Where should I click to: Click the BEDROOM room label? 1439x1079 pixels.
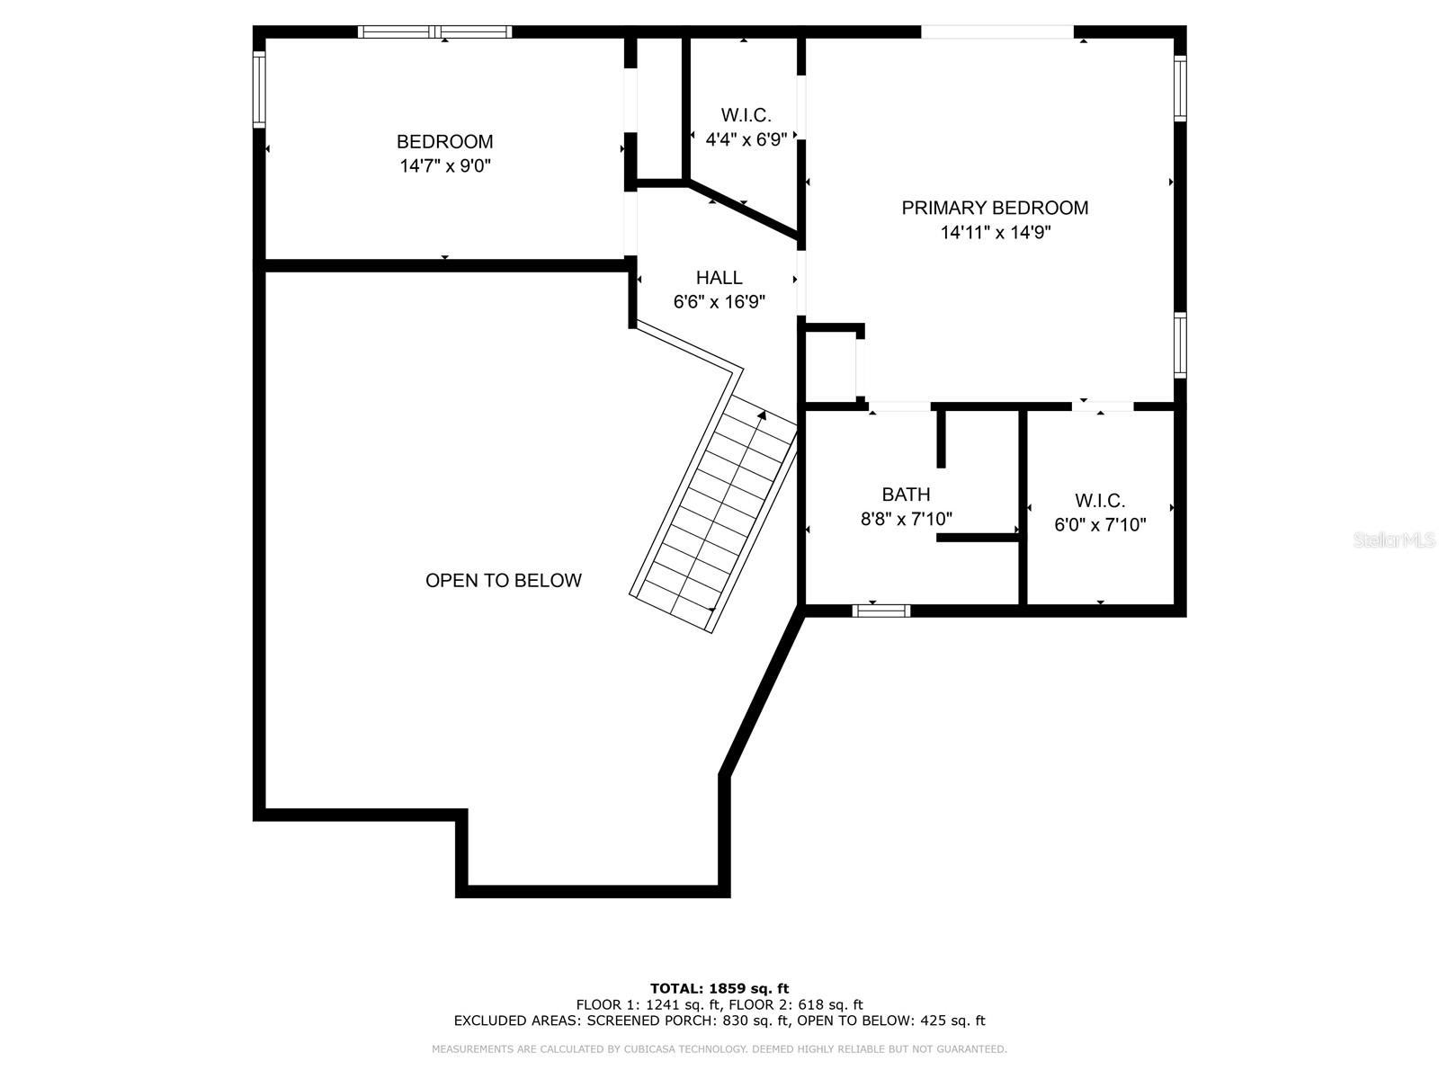pyautogui.click(x=444, y=141)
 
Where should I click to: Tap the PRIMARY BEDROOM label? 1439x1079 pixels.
pyautogui.click(x=995, y=208)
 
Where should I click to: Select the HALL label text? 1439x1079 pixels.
pyautogui.click(x=719, y=277)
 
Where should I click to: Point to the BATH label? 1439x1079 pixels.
pyautogui.click(x=906, y=494)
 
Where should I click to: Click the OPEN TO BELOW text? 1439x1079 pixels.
pyautogui.click(x=504, y=581)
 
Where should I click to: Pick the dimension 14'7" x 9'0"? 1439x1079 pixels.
pyautogui.click(x=445, y=165)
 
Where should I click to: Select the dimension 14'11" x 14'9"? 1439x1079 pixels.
pyautogui.click(x=996, y=232)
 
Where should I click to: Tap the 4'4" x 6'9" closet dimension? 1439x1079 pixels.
pyautogui.click(x=746, y=139)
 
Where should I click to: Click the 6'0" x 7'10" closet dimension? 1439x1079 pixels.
pyautogui.click(x=1100, y=524)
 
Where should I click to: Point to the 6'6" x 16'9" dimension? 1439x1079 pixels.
pyautogui.click(x=719, y=301)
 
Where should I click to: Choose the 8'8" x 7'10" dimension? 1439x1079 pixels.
pyautogui.click(x=906, y=519)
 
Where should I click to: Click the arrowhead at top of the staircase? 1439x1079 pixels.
pyautogui.click(x=762, y=415)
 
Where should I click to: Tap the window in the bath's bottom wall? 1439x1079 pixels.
pyautogui.click(x=881, y=611)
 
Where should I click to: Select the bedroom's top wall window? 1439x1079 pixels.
pyautogui.click(x=434, y=31)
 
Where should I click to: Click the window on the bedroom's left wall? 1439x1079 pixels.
pyautogui.click(x=259, y=89)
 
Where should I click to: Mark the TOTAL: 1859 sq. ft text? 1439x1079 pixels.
pyautogui.click(x=719, y=988)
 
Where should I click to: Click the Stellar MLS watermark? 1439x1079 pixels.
pyautogui.click(x=1394, y=539)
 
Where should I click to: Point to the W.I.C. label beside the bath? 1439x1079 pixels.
pyautogui.click(x=1100, y=501)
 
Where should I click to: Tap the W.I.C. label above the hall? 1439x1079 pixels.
pyautogui.click(x=746, y=115)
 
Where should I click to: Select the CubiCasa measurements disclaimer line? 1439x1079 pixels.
pyautogui.click(x=719, y=1048)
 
